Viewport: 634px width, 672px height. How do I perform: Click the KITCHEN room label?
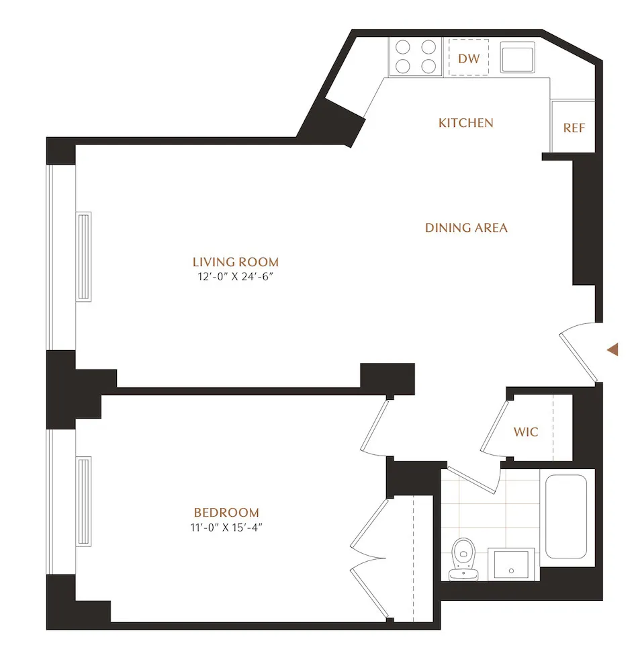tap(465, 123)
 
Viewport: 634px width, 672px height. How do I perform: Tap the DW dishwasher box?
tap(469, 58)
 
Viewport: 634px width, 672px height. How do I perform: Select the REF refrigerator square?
tap(573, 128)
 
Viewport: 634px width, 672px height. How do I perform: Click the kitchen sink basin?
tap(518, 57)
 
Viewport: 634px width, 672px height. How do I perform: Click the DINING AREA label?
tap(466, 228)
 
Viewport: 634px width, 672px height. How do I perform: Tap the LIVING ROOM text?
tap(235, 262)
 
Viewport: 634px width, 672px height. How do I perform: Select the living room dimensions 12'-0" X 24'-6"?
tap(235, 277)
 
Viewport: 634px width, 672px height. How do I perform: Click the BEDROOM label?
tap(226, 512)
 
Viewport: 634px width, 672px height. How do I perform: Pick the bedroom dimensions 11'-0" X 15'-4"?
tap(226, 527)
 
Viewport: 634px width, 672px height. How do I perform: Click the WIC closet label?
tap(526, 432)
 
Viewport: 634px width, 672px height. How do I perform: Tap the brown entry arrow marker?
tap(612, 349)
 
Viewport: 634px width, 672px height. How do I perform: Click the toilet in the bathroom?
tap(463, 558)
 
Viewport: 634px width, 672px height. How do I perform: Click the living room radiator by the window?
tap(84, 256)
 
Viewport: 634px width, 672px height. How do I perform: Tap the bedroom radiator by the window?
tap(84, 501)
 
